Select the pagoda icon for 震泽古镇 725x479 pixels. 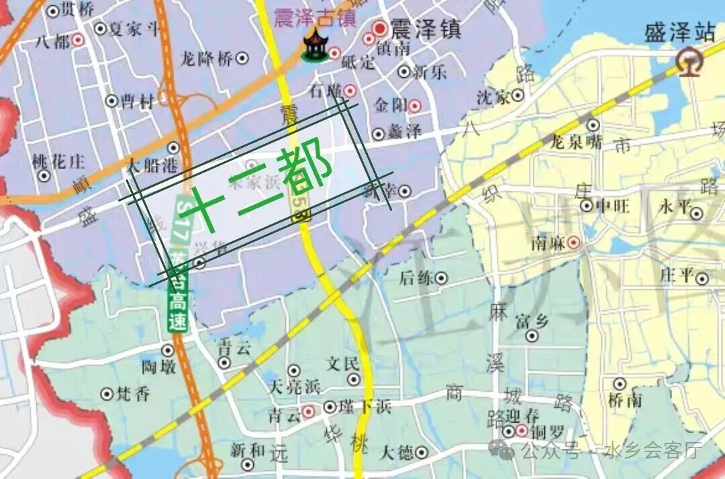pos(313,45)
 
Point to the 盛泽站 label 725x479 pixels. pos(679,32)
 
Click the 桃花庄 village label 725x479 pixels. pos(58,161)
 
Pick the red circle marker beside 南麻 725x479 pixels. pos(573,243)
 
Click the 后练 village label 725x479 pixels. pos(416,277)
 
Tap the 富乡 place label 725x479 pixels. pos(532,321)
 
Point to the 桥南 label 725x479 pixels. pos(625,400)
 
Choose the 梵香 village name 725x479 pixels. pos(133,394)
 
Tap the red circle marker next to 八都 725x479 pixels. pos(79,40)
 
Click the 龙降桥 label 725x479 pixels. pos(206,59)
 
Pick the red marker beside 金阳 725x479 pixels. pos(415,105)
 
